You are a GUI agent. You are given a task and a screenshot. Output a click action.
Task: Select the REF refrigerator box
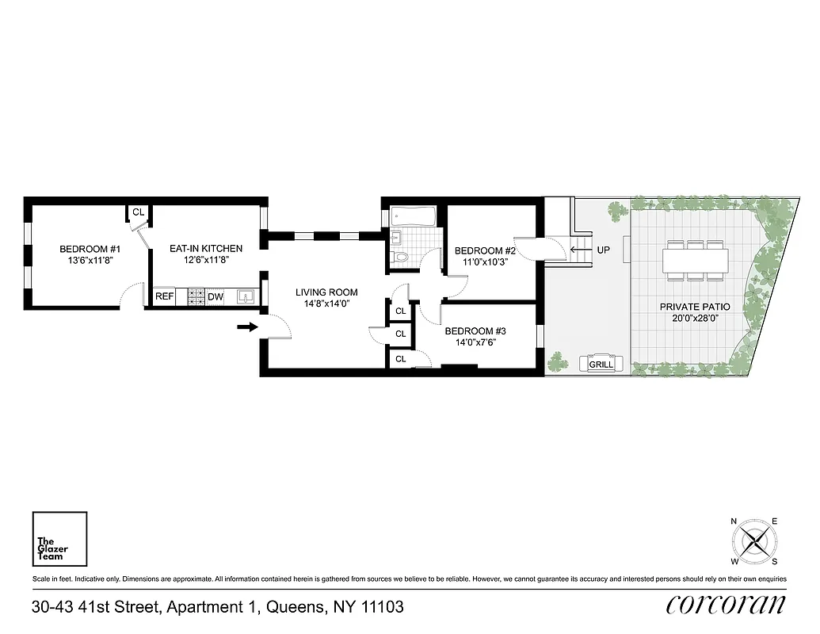164,296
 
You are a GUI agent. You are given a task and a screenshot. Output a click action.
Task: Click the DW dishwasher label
215,297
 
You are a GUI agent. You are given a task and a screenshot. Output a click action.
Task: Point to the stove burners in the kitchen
196,297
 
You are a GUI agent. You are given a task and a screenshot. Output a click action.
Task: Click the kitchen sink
246,297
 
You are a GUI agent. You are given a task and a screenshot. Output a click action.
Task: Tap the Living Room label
326,292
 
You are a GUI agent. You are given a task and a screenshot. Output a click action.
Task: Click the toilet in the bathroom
401,255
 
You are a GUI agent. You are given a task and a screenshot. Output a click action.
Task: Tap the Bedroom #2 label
479,250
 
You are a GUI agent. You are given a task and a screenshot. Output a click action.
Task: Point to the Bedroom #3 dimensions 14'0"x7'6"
475,343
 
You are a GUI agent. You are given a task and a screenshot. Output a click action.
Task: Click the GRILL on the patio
601,364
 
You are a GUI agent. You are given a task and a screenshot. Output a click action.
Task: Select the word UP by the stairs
603,250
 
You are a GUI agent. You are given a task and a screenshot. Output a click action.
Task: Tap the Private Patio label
694,307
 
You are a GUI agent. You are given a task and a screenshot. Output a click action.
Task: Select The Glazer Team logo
59,540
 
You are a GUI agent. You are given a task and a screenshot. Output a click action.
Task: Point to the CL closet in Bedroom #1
138,212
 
